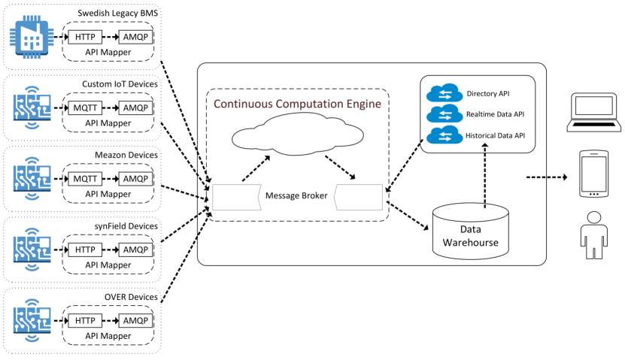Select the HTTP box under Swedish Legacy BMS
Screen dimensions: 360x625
click(85, 37)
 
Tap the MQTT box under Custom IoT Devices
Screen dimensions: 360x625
click(85, 107)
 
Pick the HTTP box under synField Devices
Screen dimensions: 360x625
click(85, 250)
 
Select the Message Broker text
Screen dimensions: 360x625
click(296, 197)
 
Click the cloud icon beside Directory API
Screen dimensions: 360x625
click(441, 94)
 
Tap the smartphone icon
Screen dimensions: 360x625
click(593, 174)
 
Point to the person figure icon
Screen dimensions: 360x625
click(593, 234)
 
